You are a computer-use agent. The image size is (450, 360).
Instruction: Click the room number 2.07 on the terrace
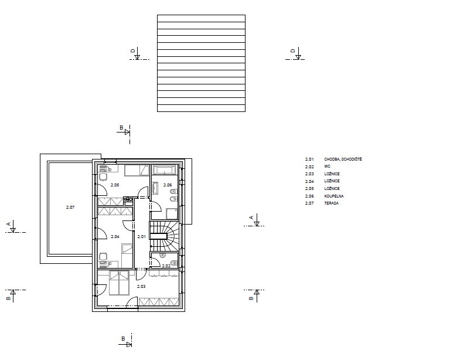tap(70, 207)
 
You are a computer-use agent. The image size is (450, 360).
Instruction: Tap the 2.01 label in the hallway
tap(141, 236)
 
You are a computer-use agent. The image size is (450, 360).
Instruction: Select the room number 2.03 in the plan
tap(141, 286)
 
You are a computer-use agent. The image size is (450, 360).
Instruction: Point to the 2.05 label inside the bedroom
tap(115, 185)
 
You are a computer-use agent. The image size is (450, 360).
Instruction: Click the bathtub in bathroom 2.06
tap(164, 170)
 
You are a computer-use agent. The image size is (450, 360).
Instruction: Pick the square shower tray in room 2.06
tap(172, 214)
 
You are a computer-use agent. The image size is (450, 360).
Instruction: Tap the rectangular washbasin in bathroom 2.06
tap(155, 189)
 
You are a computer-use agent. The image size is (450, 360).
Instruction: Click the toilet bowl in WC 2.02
tap(174, 263)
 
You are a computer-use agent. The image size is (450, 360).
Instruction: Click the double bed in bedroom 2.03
tap(119, 283)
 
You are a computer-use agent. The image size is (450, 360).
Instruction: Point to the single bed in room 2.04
tap(127, 256)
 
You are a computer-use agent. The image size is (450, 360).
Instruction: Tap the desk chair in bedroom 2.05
tap(103, 176)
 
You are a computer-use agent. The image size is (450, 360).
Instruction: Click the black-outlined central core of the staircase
tap(158, 236)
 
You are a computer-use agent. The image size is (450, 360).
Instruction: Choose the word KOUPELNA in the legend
tap(334, 196)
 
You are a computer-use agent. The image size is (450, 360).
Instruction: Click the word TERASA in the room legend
tap(332, 203)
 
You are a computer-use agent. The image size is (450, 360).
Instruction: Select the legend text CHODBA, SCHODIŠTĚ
tap(343, 159)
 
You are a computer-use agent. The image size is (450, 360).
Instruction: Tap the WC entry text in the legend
tap(327, 167)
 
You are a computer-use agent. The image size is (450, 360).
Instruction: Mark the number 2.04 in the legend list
tap(309, 181)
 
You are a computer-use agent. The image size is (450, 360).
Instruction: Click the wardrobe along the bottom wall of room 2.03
tap(159, 302)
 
